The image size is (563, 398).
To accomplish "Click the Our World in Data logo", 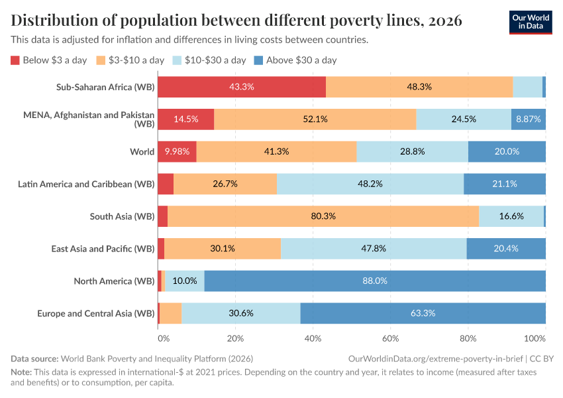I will click(x=530, y=21).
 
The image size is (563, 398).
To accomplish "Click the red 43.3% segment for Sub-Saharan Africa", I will click(x=242, y=87).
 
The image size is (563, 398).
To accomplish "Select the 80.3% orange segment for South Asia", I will click(x=323, y=216).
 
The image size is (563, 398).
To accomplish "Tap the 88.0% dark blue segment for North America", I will click(x=375, y=281).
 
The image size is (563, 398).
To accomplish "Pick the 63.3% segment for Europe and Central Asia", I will click(x=423, y=313).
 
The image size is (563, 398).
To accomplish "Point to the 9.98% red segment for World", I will click(x=177, y=151).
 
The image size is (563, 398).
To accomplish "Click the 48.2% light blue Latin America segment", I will click(x=370, y=184).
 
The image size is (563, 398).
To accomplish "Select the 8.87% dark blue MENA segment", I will click(x=528, y=119).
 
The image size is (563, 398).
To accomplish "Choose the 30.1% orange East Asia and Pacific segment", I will click(x=223, y=249).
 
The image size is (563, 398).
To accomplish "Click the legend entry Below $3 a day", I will click(x=49, y=60).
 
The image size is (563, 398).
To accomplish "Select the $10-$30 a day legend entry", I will click(x=210, y=60).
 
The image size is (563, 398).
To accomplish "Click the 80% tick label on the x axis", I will click(x=468, y=338).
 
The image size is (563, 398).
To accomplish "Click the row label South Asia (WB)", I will click(x=122, y=216).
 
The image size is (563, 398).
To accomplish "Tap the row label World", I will click(x=142, y=151).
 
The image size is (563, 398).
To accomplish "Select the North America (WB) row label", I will click(x=114, y=281).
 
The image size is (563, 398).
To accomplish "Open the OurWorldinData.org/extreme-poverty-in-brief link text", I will click(x=435, y=358).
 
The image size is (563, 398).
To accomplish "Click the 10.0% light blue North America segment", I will click(x=185, y=281).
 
